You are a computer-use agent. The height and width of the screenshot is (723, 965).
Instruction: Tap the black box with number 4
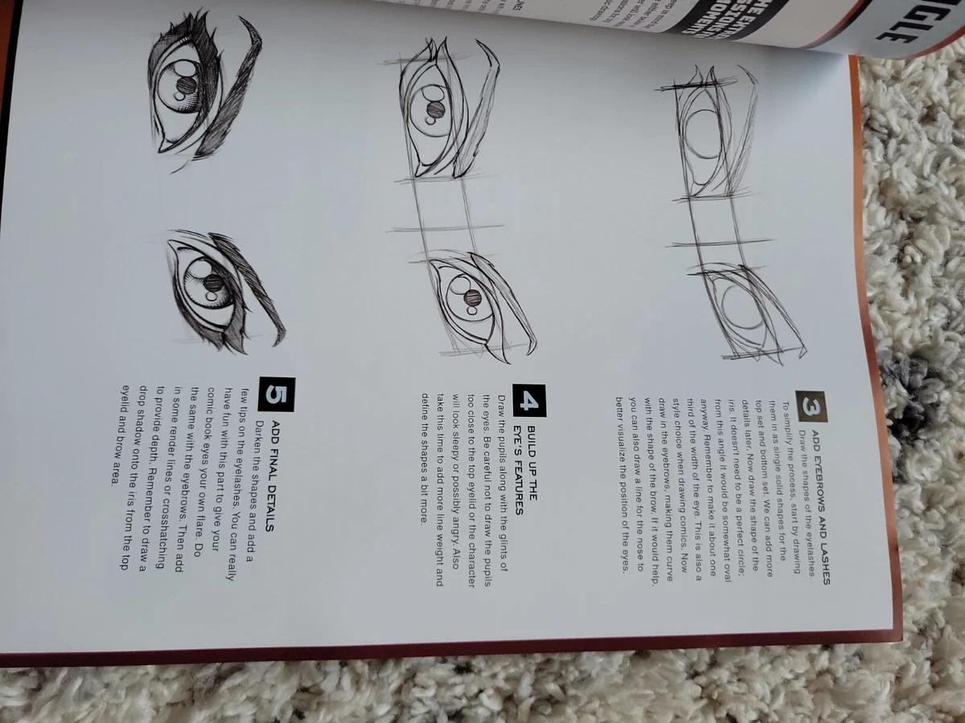[x=531, y=401]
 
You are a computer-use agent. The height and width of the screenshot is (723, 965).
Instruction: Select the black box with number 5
[x=277, y=394]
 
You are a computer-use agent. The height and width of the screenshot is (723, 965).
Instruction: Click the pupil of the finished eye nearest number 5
[x=214, y=283]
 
